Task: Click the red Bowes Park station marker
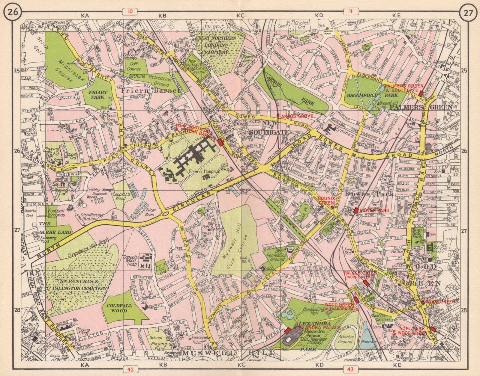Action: pos(356,210)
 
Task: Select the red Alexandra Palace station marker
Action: pos(287,330)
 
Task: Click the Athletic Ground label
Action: pos(345,339)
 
